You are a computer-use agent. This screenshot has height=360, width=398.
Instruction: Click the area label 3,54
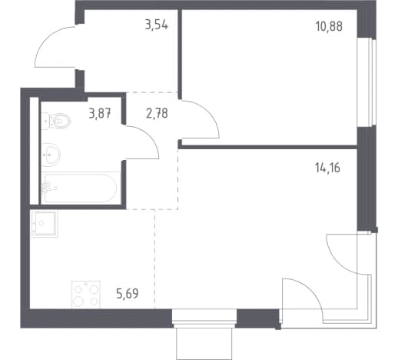(x=156, y=25)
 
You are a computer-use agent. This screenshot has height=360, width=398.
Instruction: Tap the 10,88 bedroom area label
(x=329, y=26)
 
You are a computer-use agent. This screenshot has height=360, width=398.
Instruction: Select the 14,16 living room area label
(x=327, y=168)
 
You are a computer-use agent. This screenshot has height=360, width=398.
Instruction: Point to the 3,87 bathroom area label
(x=100, y=113)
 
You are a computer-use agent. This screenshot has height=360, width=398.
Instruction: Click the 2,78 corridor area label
(x=157, y=113)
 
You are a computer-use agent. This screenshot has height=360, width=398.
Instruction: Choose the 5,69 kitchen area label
(x=128, y=294)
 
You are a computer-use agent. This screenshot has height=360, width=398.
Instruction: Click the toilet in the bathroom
(x=56, y=121)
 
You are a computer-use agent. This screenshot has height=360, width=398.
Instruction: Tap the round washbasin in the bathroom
(x=51, y=155)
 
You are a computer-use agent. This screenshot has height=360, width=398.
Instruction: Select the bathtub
(x=81, y=188)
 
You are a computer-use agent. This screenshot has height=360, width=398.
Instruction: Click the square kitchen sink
(x=44, y=223)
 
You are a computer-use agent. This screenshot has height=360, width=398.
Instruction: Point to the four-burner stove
(x=86, y=294)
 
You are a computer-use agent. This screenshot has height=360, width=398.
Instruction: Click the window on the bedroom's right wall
(x=366, y=82)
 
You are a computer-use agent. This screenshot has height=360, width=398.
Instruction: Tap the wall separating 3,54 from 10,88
(x=180, y=54)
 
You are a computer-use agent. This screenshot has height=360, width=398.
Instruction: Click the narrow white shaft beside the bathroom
(x=34, y=151)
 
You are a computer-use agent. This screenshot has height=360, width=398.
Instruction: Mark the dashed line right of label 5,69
(x=154, y=259)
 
